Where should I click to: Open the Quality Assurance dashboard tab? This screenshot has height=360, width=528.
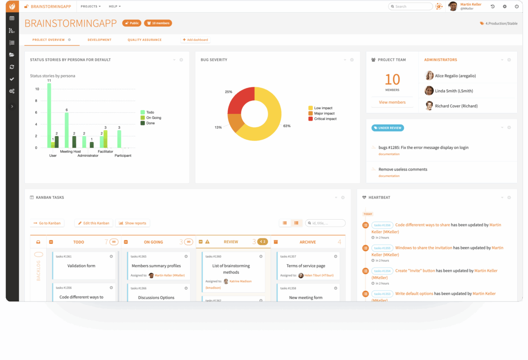[x=144, y=40]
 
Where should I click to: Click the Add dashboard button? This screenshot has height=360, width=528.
[x=195, y=40]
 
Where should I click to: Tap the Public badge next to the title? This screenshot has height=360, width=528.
[x=132, y=23]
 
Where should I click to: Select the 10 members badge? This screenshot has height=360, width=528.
[x=158, y=23]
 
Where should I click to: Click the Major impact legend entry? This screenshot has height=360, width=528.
[x=323, y=114]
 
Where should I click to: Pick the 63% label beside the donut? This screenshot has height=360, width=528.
[x=286, y=126]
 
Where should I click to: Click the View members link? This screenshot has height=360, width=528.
[x=392, y=103]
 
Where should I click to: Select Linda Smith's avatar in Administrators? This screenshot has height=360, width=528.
[x=429, y=91]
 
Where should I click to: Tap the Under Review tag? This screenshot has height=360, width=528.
[x=388, y=128]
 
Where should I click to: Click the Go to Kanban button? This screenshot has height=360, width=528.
[x=47, y=223]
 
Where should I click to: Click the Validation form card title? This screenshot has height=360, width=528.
[x=81, y=266]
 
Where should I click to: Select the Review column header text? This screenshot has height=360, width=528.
[x=231, y=242]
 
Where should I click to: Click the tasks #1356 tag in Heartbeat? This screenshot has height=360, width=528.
[x=382, y=225]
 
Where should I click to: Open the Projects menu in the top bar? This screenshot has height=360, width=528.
[x=91, y=7]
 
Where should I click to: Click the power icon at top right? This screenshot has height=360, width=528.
[x=517, y=7]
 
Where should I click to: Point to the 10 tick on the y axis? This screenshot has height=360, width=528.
[x=37, y=89]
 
